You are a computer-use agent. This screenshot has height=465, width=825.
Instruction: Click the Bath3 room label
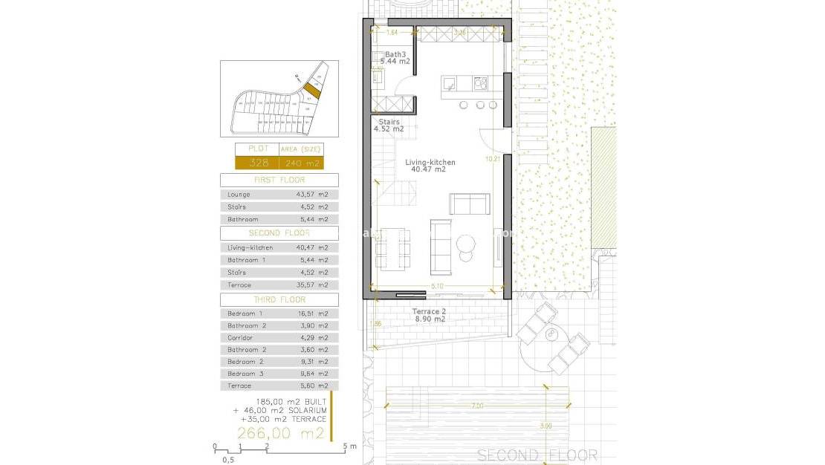[395, 54]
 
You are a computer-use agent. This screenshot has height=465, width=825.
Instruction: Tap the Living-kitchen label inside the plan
[430, 162]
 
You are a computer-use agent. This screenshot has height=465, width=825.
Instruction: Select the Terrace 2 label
[430, 311]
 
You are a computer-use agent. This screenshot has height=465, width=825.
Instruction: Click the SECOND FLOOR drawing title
[537, 455]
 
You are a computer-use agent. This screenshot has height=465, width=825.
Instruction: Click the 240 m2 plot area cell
[301, 163]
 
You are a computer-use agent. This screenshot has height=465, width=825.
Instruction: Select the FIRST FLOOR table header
[279, 180]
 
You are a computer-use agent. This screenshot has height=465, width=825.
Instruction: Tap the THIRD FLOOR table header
[279, 299]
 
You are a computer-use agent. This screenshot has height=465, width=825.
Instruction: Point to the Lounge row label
[239, 195]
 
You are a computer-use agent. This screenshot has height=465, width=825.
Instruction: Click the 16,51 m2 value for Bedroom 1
[312, 313]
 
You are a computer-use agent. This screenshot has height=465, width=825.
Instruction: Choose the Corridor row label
[242, 337]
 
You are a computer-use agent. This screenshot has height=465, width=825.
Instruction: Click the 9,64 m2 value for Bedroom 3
[312, 373]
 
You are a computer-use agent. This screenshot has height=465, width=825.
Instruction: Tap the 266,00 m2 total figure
[281, 433]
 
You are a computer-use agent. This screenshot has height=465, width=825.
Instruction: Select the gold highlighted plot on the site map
[311, 90]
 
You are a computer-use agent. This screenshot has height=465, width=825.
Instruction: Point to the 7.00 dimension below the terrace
[476, 406]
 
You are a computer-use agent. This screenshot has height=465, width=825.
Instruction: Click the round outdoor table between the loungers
[552, 335]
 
